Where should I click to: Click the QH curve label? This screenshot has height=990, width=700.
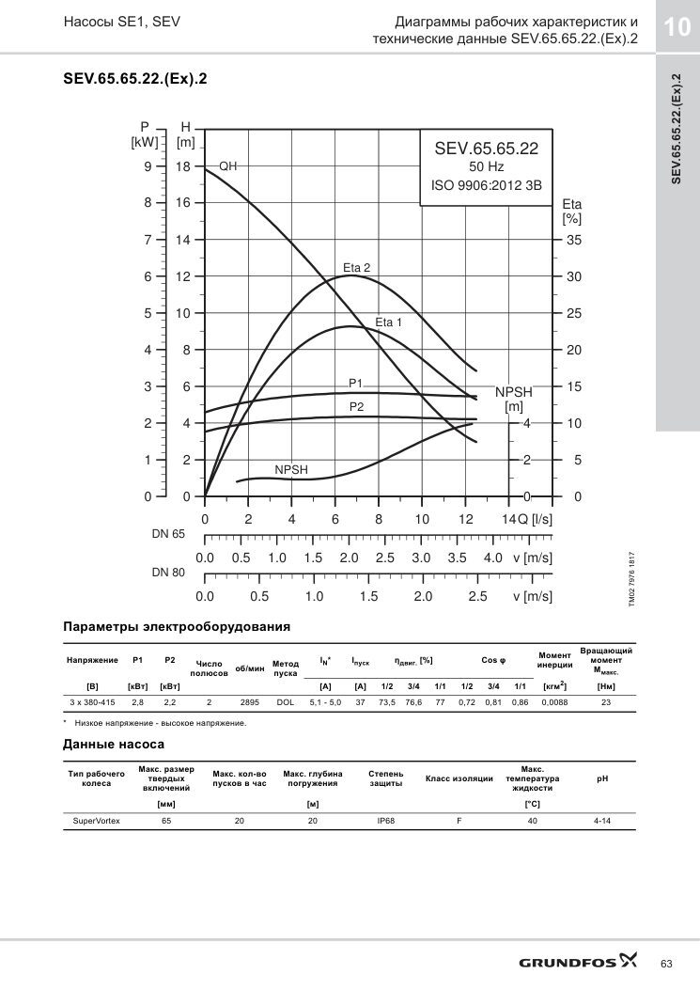coord(228,166)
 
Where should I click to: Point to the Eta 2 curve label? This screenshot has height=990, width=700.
coord(357,268)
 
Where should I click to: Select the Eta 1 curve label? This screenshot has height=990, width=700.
coord(388,322)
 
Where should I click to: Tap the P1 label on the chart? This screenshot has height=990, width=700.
coord(356,384)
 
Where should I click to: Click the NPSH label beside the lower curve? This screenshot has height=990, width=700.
coord(291,470)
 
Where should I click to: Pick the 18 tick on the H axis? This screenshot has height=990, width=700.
coord(183,166)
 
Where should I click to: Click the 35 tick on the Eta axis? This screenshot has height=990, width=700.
coord(574,240)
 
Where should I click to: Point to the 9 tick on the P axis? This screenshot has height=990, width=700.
coord(148,166)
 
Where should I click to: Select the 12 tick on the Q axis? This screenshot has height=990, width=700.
coord(465,519)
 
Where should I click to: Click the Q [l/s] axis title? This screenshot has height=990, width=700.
coord(535,519)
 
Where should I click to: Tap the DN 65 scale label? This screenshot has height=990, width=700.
coord(168,534)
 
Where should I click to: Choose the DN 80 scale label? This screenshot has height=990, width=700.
coord(168,573)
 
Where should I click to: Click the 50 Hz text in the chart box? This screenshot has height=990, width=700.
coord(486,166)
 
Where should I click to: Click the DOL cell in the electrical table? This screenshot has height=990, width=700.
coord(286,702)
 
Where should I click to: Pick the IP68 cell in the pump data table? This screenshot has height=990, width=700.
coord(385,821)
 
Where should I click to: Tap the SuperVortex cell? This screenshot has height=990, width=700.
coord(96,821)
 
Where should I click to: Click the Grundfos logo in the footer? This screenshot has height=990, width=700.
coord(578,962)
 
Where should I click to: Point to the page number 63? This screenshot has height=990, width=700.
coord(666,964)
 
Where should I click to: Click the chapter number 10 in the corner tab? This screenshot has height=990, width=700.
coord(677,27)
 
